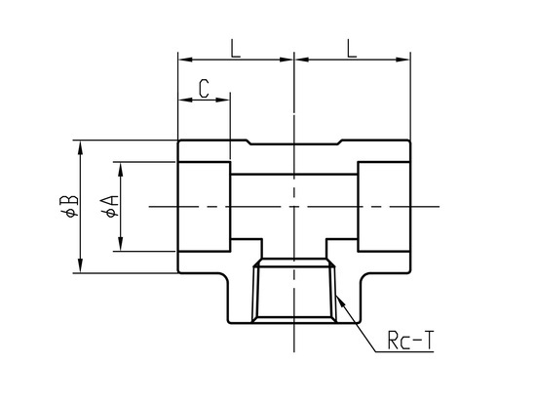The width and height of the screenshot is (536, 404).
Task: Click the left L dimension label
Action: coord(236,48)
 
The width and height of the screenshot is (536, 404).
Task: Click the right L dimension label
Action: coord(352,48)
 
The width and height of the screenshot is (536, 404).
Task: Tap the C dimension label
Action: coord(204,89)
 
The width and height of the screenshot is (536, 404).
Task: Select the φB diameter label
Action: coord(69,207)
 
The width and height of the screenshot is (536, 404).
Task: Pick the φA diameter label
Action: coord(109,206)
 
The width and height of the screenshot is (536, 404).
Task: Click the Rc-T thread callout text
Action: coord(410,341)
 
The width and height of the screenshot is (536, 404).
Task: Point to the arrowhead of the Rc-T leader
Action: coord(337,297)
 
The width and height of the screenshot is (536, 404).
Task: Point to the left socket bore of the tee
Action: coord(205,207)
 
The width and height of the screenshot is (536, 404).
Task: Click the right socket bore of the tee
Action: coord(384,207)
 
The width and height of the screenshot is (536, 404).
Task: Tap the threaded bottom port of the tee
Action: coord(294,291)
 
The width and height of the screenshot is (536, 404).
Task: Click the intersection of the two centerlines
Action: coord(294,207)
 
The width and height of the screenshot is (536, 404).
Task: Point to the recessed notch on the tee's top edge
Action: coord(294,143)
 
